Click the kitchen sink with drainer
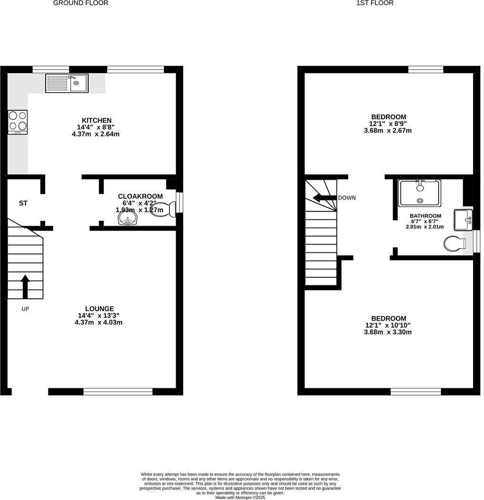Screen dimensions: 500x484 coord(67,83)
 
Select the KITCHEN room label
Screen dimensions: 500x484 coord(97,120)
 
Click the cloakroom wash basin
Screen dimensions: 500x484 coord(128,219)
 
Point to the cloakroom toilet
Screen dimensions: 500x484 coord(163,209)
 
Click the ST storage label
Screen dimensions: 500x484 coord(23,203)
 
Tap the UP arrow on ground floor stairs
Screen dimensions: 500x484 coord(25,286)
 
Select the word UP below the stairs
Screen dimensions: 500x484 coord(25,309)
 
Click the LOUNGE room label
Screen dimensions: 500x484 coord(100,309)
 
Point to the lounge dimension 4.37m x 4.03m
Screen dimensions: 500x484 coord(99,322)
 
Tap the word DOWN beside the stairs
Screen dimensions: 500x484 coord(347,198)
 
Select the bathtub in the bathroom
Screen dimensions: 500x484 coord(420,192)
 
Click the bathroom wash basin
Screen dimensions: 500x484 coord(463,219)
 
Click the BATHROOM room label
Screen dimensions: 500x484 coord(425,216)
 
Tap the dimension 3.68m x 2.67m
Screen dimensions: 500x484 coord(388,130)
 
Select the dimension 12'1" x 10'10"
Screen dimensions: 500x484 coord(388,325)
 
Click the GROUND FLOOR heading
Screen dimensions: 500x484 coord(81,3)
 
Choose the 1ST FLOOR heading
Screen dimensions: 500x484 coord(375,3)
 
